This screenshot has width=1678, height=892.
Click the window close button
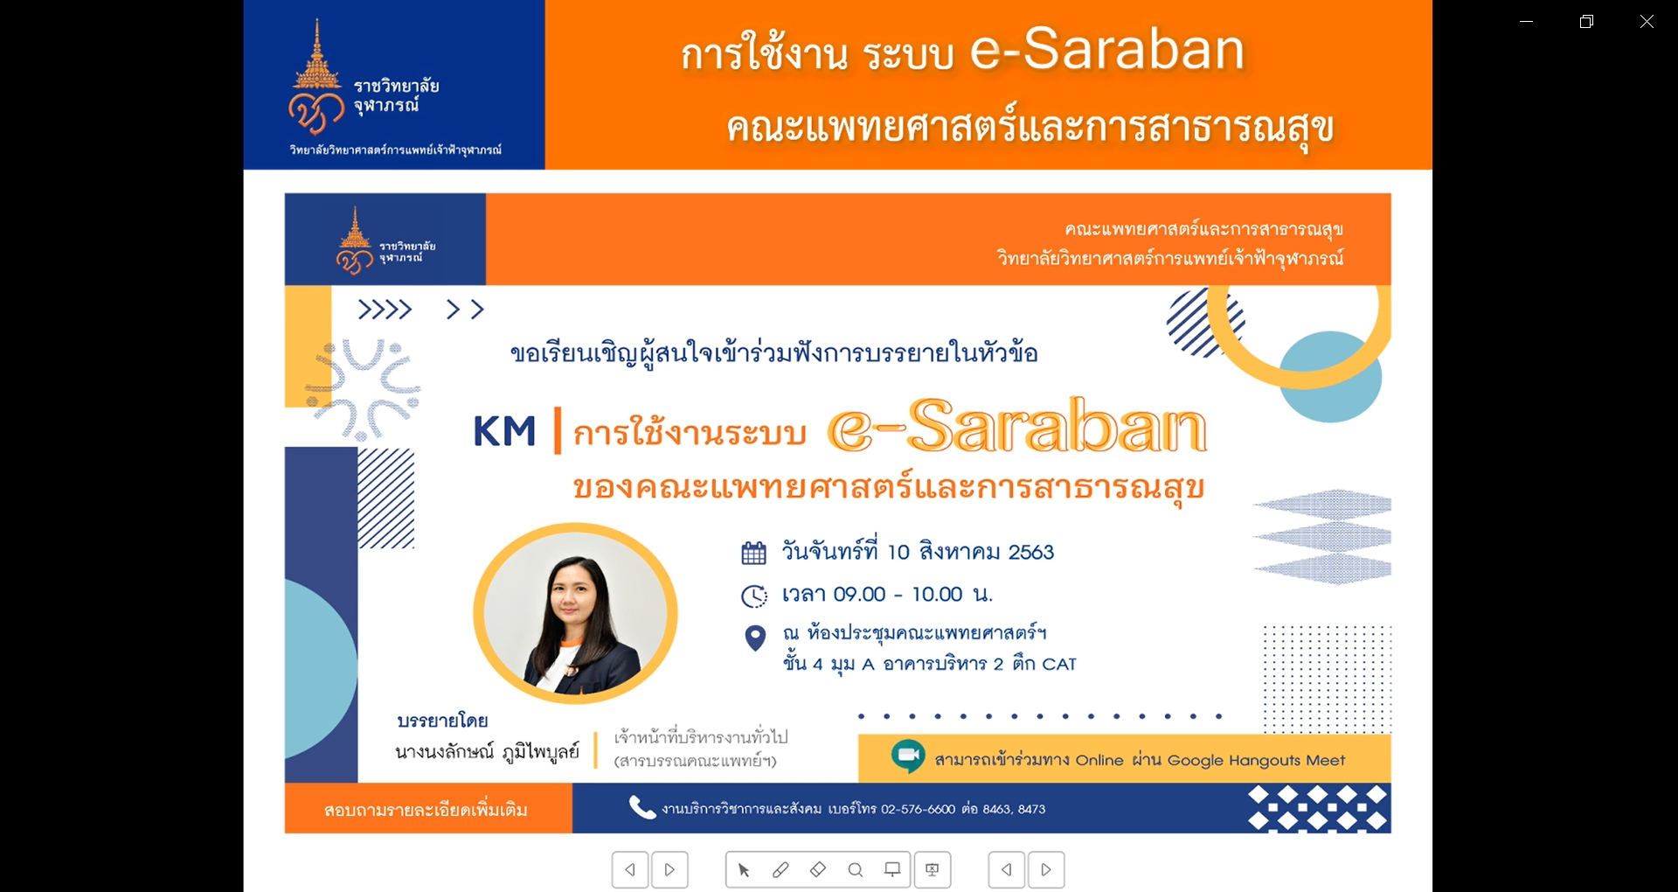pos(1647,21)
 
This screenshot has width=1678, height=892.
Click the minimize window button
pos(1527,21)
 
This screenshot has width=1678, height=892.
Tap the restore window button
pos(1587,21)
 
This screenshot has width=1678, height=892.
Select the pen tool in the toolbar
pos(780,869)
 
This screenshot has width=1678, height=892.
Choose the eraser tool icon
pos(818,869)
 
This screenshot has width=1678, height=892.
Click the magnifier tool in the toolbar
pos(856,869)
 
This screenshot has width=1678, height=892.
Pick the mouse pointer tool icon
pos(744,869)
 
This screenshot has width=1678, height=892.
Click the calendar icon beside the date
pos(753,553)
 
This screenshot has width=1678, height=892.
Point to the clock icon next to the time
pos(754,596)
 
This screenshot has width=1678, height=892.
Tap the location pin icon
pos(755,638)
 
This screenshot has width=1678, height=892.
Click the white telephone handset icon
pos(642,807)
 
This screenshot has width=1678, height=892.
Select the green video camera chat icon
pos(908,756)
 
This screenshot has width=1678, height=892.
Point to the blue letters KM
pos(504,431)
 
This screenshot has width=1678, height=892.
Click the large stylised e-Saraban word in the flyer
pos(1017,426)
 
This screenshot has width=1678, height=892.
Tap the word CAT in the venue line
pos(1059,664)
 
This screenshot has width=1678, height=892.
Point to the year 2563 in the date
pos(1031,552)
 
